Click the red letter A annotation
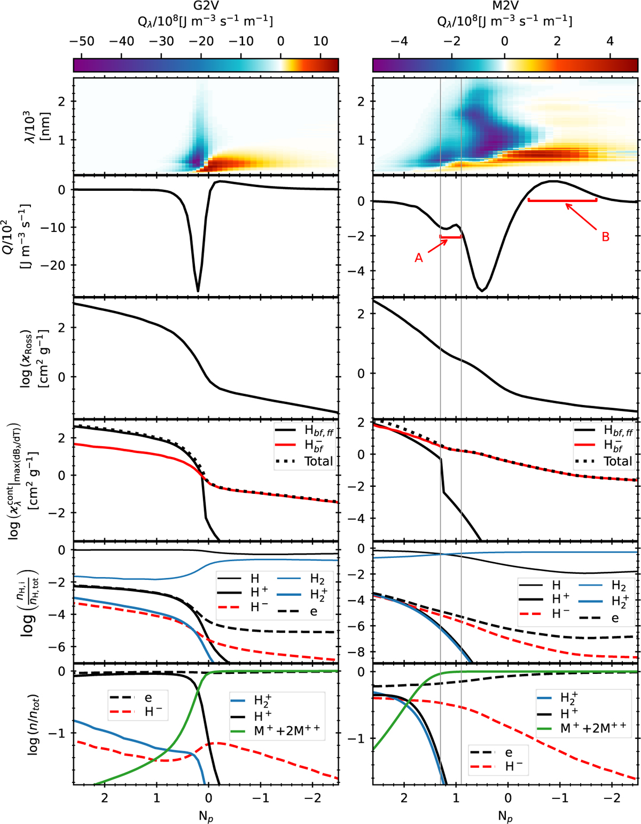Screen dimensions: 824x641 [419, 258]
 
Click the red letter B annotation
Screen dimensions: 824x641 [605, 237]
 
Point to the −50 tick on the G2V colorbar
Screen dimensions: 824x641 [81, 42]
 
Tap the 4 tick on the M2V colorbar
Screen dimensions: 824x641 [611, 42]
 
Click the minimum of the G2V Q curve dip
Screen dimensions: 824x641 [198, 291]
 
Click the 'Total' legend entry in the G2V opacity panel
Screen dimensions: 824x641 [318, 461]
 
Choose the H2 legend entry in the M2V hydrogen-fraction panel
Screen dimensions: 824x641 [618, 586]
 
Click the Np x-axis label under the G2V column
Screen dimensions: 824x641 [206, 815]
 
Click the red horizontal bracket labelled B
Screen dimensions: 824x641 [562, 200]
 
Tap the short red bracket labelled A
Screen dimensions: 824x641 [450, 237]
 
